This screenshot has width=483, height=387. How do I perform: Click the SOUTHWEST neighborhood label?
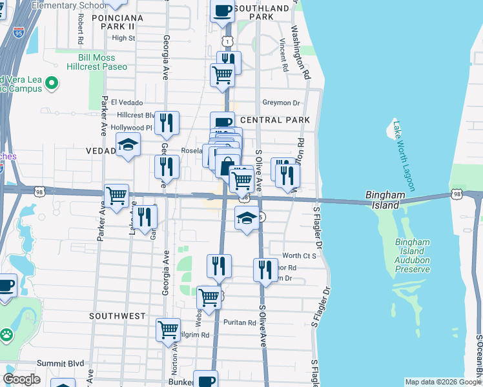pyautogui.click(x=118, y=316)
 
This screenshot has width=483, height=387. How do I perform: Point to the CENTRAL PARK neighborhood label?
pyautogui.click(x=275, y=120)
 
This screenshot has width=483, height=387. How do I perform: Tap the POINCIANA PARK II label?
pyautogui.click(x=114, y=22)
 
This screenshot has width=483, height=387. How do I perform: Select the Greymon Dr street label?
pyautogui.click(x=282, y=103)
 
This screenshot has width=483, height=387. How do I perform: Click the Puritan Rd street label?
pyautogui.click(x=241, y=322)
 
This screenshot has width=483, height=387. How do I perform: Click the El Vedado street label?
pyautogui.click(x=127, y=103)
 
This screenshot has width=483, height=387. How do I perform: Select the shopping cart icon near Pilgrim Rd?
pyautogui.click(x=168, y=329)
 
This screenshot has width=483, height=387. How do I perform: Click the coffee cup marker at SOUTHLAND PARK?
pyautogui.click(x=222, y=11)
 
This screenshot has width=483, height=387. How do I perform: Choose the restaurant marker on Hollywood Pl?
pyautogui.click(x=167, y=122)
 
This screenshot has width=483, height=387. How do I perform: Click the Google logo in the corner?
pyautogui.click(x=21, y=379)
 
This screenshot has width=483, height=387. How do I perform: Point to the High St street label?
pyautogui.click(x=123, y=38)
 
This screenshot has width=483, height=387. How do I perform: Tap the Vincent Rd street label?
pyautogui.click(x=283, y=55)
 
